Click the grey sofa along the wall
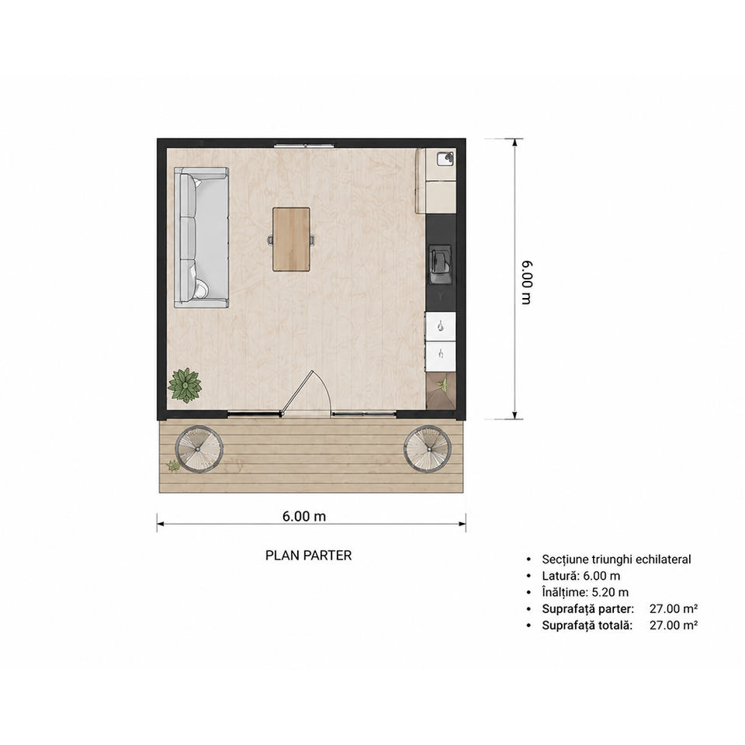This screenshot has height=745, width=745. (202, 237)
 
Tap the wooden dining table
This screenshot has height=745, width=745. (291, 240)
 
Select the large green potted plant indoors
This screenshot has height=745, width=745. (185, 386)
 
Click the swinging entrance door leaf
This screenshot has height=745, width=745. (296, 393)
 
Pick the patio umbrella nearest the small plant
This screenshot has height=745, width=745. (199, 449)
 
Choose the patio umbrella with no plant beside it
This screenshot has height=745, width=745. (428, 449)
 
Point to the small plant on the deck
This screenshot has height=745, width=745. (173, 466)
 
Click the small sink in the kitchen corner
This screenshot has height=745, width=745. (445, 158)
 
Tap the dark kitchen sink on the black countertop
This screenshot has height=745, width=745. (441, 265)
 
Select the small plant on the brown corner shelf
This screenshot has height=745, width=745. (443, 384)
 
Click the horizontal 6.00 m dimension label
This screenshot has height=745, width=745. (304, 516)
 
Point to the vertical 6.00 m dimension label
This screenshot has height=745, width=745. (527, 282)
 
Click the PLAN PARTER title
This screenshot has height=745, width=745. (308, 556)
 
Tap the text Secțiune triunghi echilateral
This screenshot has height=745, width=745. (616, 560)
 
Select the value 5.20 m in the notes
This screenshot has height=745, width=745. (610, 592)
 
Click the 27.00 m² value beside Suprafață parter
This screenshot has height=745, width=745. (674, 608)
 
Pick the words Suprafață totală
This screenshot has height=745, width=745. (587, 625)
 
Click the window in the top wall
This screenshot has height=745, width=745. (304, 145)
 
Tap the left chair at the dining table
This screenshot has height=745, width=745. (270, 240)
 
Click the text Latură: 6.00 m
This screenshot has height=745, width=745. (581, 576)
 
